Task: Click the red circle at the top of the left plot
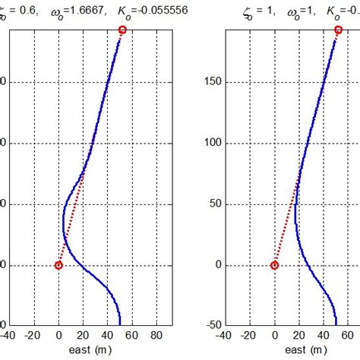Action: click(x=123, y=30)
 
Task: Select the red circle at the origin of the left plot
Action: click(x=58, y=265)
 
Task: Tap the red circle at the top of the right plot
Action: click(x=339, y=30)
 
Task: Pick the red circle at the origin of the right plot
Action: click(x=275, y=265)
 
